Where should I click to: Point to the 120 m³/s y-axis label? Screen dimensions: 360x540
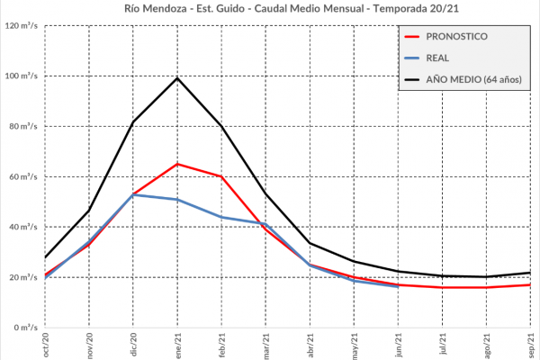coord(20,25)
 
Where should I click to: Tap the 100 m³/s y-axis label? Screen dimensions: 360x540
coord(20,76)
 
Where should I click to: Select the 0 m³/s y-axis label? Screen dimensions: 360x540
coord(25,328)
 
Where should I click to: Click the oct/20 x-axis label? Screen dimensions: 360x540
coord(46,345)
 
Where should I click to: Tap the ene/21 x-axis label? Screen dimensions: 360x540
coord(177,345)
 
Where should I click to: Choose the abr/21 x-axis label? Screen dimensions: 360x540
coord(310,345)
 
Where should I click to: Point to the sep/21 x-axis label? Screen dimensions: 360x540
coord(530,345)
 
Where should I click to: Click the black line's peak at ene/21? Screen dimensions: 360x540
coord(177,77)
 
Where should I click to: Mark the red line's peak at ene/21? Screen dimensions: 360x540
coord(177,164)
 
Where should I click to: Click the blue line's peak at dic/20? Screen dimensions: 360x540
coord(133,194)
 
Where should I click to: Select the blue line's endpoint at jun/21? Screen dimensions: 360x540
coord(398,286)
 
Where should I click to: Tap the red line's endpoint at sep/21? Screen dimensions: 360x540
coord(530,284)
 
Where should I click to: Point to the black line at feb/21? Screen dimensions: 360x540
coord(221,125)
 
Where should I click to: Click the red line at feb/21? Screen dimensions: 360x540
coord(221,176)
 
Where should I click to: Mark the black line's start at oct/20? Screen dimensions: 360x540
coord(46,257)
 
